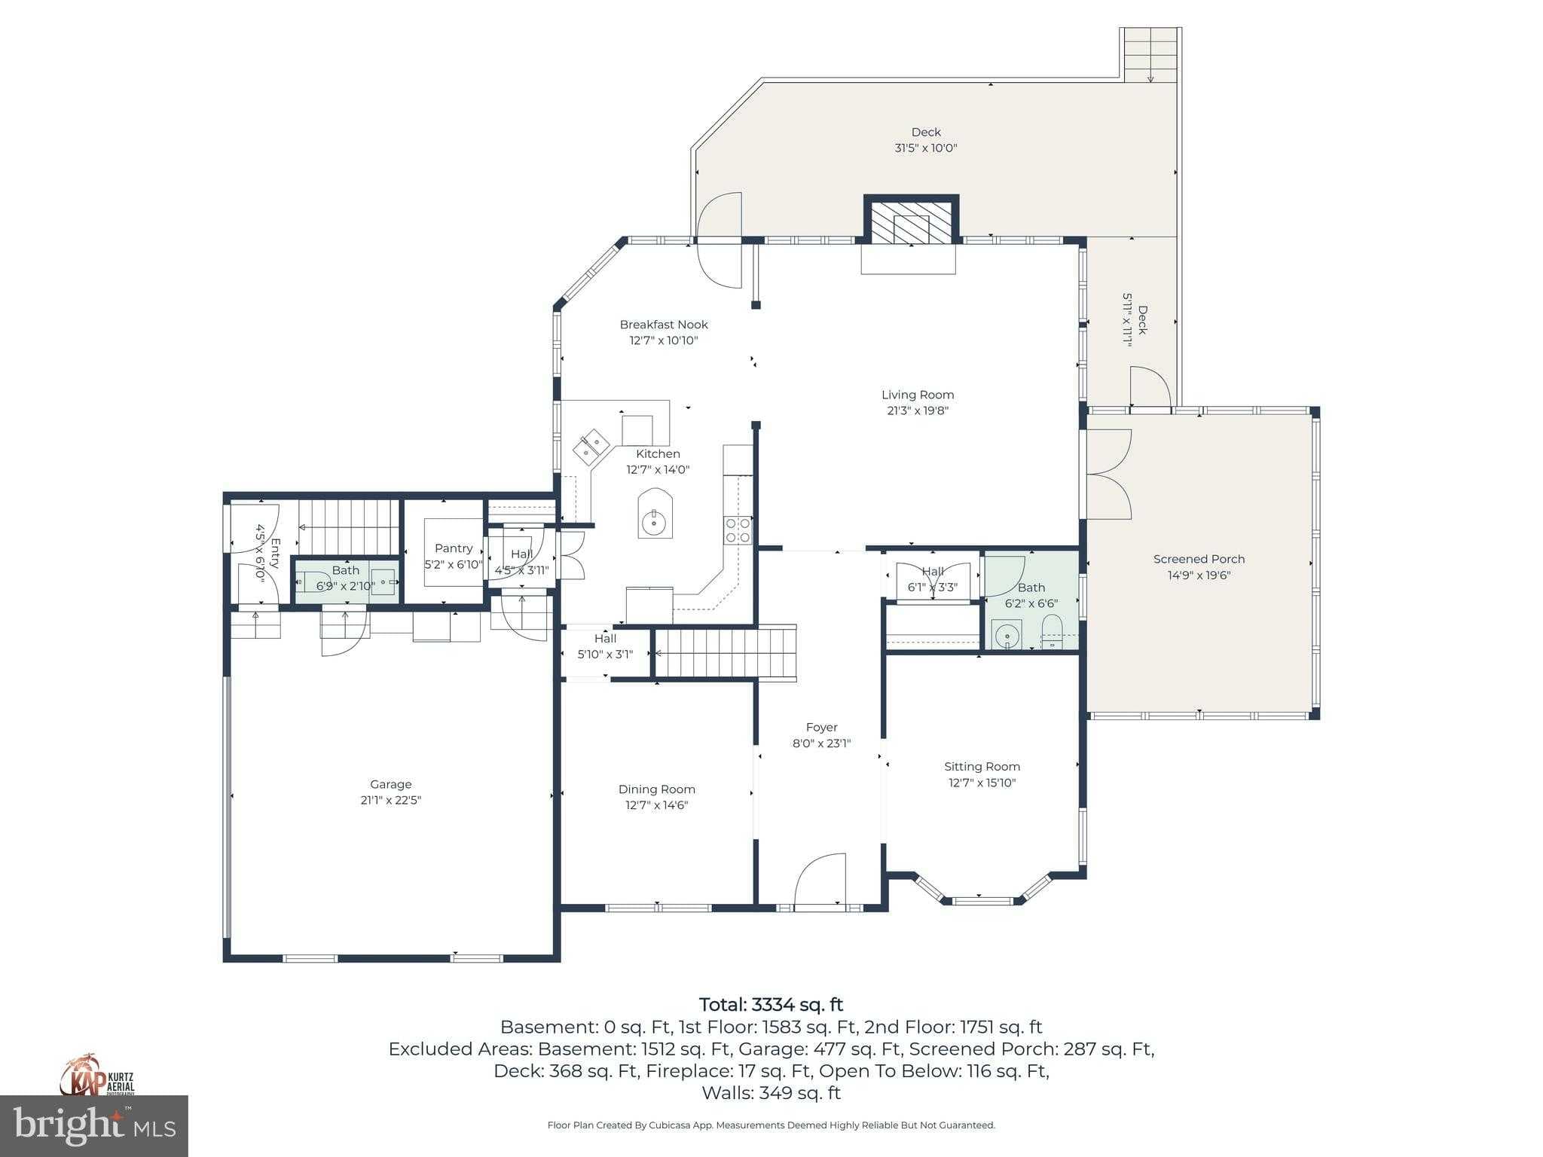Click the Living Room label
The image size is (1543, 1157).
pyautogui.click(x=918, y=395)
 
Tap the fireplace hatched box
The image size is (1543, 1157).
pyautogui.click(x=911, y=222)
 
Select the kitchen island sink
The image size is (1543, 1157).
pyautogui.click(x=655, y=515)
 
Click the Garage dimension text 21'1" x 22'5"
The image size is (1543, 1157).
pyautogui.click(x=390, y=800)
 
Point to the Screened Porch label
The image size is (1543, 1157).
pyautogui.click(x=1199, y=559)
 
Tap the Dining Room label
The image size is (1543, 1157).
pyautogui.click(x=656, y=789)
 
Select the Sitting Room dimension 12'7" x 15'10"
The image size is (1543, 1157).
pyautogui.click(x=982, y=783)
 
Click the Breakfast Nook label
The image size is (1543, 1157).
pyautogui.click(x=664, y=325)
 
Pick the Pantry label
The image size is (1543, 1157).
pyautogui.click(x=454, y=548)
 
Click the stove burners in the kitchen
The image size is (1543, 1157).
pyautogui.click(x=738, y=530)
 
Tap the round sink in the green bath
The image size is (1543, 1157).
pyautogui.click(x=1007, y=635)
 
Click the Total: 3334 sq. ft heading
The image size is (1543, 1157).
pyautogui.click(x=771, y=1005)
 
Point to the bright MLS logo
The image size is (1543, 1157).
pyautogui.click(x=94, y=1125)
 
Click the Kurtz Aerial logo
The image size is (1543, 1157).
pyautogui.click(x=98, y=1076)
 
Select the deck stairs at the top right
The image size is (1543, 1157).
pyautogui.click(x=1150, y=55)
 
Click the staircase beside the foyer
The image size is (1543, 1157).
pyautogui.click(x=726, y=652)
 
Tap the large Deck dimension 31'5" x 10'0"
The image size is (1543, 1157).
pyautogui.click(x=925, y=148)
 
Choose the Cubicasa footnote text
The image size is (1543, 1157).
pyautogui.click(x=771, y=1125)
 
